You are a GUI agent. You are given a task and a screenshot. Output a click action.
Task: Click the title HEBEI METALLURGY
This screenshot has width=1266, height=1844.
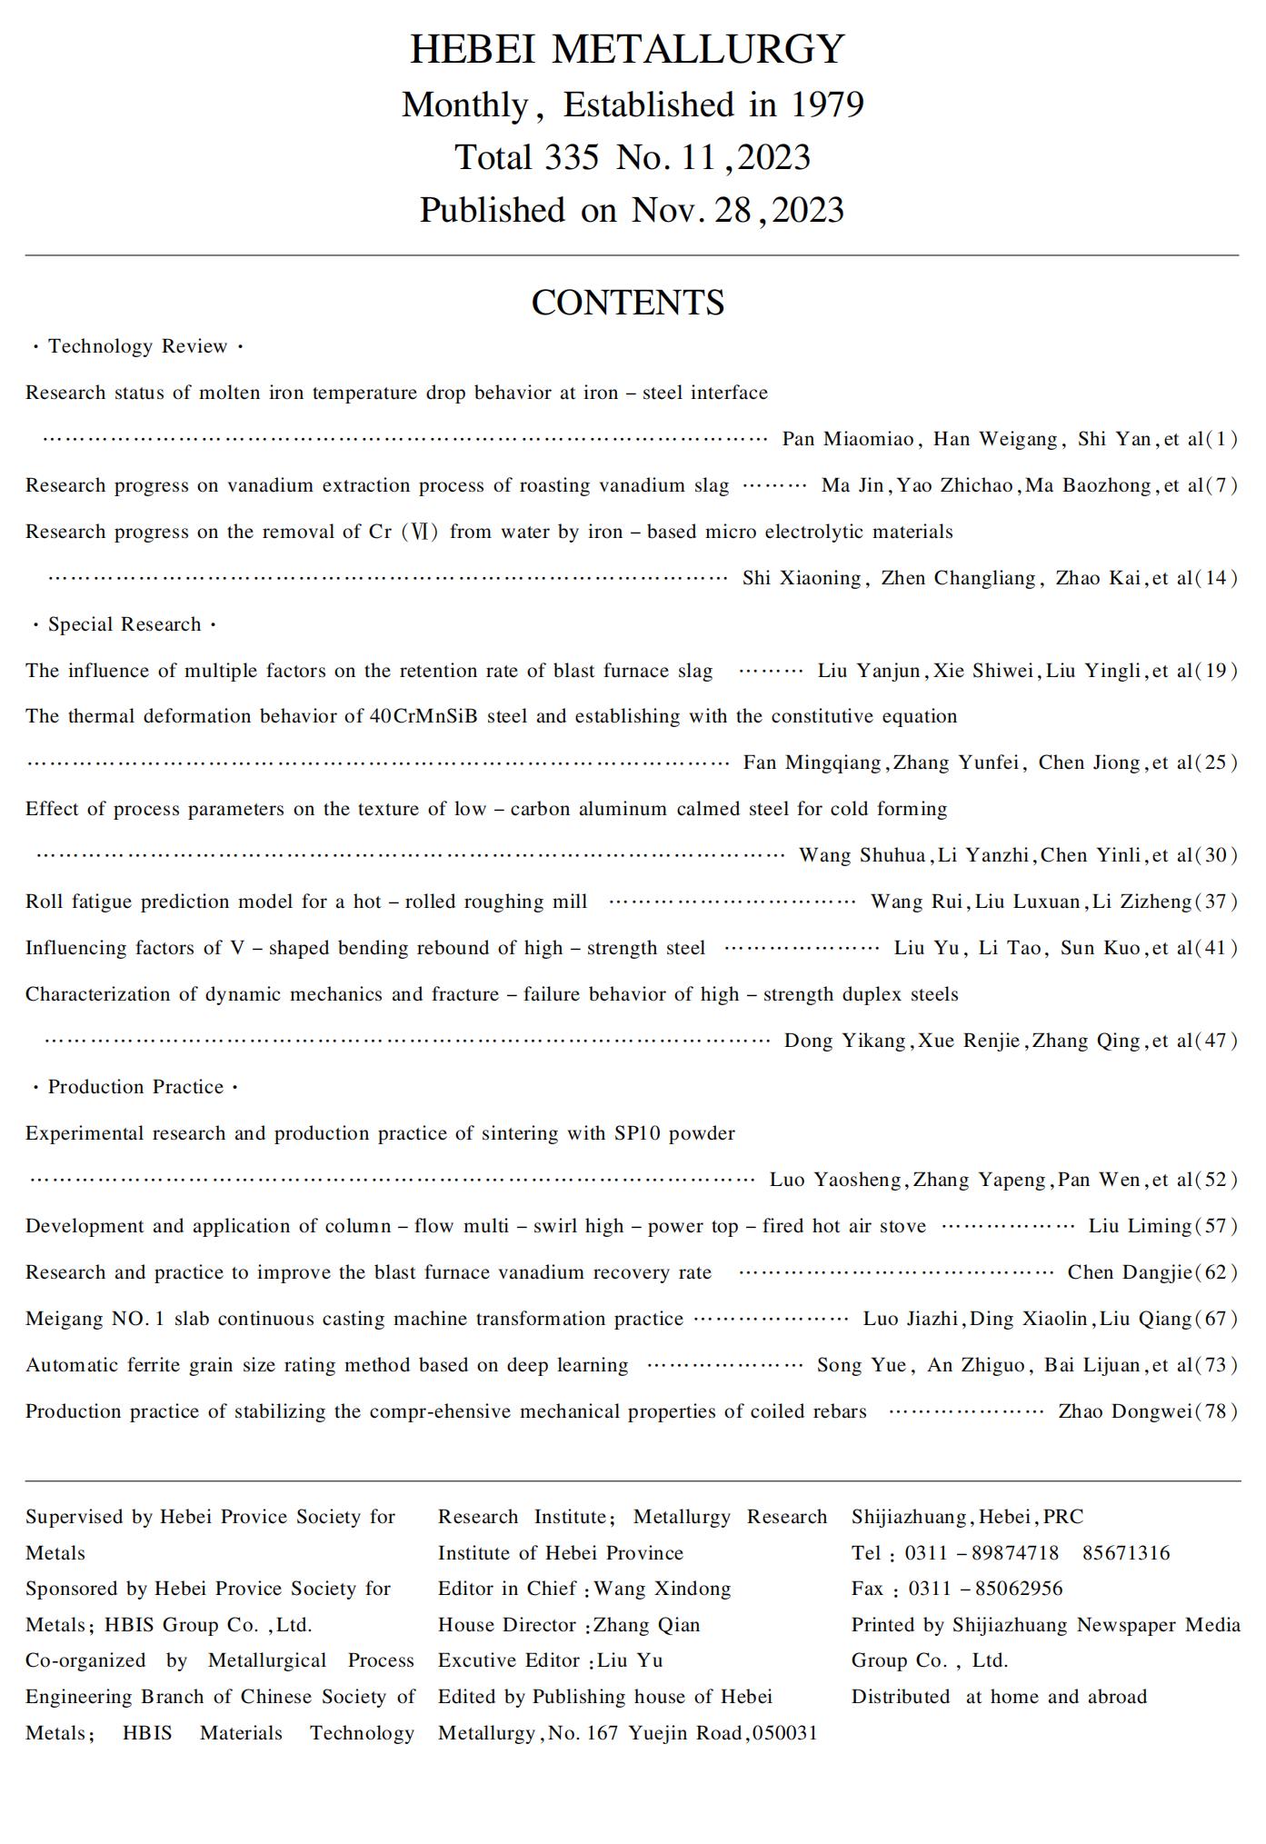627,49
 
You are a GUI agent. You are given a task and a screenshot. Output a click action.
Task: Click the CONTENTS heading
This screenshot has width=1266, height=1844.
627,303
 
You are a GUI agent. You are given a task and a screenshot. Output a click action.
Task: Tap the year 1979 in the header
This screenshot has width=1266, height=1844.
826,105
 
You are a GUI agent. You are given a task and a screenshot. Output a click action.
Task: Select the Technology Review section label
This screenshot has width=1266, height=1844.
137,346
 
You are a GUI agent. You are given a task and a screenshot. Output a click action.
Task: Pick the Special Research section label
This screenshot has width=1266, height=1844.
125,624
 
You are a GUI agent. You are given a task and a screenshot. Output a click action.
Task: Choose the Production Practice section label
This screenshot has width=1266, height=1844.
135,1087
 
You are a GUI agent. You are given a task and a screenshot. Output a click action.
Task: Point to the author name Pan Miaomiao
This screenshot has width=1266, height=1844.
848,440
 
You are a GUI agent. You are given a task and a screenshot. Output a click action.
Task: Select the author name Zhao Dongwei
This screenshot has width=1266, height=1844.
1125,1411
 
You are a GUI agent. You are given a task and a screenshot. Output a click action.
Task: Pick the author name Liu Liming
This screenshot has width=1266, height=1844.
1140,1226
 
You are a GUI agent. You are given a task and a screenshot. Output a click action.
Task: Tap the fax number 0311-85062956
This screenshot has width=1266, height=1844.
985,1589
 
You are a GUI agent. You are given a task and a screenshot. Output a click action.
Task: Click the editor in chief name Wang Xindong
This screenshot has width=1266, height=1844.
663,1589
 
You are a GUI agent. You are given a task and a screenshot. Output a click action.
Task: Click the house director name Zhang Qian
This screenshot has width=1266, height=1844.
647,1625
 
